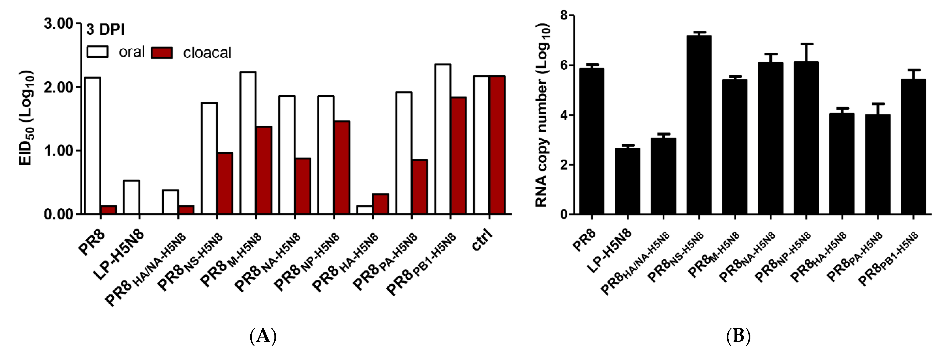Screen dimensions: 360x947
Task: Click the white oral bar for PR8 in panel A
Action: tap(93, 145)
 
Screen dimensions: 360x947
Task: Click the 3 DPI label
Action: tap(105, 30)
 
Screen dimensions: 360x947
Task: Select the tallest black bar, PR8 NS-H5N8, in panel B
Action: tap(699, 125)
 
